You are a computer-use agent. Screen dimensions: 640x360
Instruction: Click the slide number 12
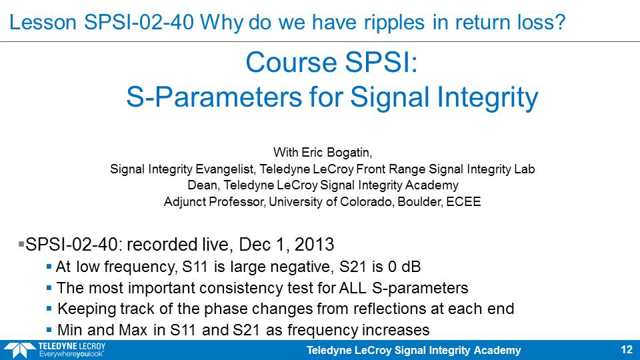pyautogui.click(x=627, y=350)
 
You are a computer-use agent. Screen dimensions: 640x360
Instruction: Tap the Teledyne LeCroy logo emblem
pyautogui.click(x=19, y=350)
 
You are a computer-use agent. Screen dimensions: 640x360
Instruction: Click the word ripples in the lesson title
pyautogui.click(x=394, y=23)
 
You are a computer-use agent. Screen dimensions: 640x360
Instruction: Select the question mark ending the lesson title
pyautogui.click(x=561, y=22)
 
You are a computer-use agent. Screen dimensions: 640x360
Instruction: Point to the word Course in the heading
pyautogui.click(x=291, y=63)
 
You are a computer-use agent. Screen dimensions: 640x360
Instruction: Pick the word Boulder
pyautogui.click(x=419, y=201)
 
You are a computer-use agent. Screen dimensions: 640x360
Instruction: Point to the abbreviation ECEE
pyautogui.click(x=463, y=201)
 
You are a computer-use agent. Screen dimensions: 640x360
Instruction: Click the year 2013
pyautogui.click(x=314, y=245)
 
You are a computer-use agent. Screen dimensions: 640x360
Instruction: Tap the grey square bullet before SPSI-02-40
pyautogui.click(x=21, y=244)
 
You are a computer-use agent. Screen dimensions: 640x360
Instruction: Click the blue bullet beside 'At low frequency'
pyautogui.click(x=49, y=267)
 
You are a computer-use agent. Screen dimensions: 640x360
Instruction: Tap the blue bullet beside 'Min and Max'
pyautogui.click(x=49, y=330)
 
